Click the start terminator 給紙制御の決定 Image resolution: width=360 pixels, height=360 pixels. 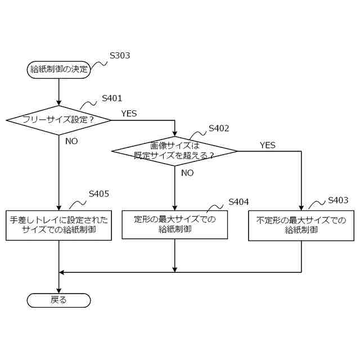(58, 70)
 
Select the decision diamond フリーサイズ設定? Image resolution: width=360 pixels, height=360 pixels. (58, 120)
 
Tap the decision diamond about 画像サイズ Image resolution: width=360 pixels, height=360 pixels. (174, 150)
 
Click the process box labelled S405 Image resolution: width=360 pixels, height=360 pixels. (58, 224)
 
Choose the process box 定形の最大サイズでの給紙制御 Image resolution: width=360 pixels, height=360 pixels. (174, 224)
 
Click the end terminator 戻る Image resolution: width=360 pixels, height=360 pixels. (58, 300)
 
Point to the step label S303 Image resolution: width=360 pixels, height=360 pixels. (120, 56)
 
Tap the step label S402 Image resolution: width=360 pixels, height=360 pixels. (219, 128)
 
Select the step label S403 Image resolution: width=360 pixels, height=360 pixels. (337, 200)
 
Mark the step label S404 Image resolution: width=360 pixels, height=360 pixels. (238, 202)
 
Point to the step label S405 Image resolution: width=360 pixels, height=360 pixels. (98, 194)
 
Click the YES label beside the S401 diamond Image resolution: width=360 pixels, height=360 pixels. (129, 114)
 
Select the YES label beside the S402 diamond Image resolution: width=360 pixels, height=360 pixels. (267, 145)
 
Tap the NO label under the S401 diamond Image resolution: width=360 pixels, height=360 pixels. (71, 141)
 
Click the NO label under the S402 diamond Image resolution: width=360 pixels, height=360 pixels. (187, 173)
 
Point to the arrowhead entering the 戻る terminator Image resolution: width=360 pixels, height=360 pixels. (58, 290)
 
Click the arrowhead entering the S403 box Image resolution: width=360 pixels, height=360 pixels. (301, 207)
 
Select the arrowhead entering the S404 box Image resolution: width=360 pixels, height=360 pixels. (174, 207)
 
